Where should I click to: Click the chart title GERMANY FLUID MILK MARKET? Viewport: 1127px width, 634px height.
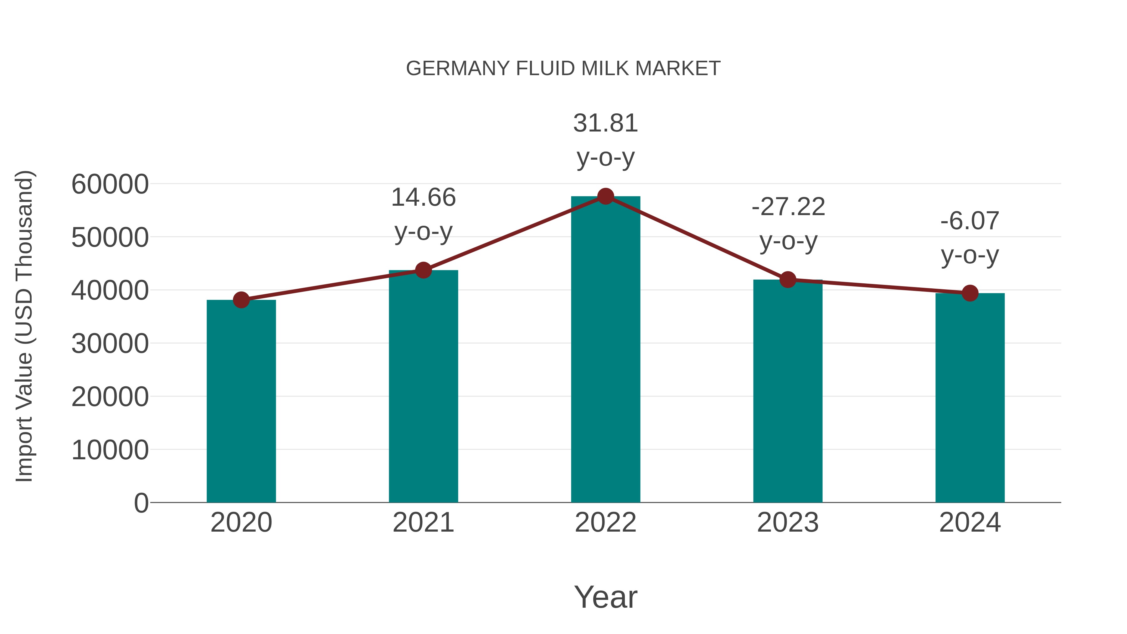coord(563,69)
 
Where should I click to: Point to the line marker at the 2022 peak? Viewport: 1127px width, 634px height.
coord(605,196)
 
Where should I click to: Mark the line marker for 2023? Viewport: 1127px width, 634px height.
coord(788,280)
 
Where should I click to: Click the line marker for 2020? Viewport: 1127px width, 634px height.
coord(241,300)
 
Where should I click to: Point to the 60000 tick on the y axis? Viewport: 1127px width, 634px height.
coord(110,184)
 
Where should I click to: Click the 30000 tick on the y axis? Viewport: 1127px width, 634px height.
coord(110,343)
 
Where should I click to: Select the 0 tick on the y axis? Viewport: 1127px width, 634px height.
coord(141,503)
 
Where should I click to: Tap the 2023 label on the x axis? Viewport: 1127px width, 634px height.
coord(788,523)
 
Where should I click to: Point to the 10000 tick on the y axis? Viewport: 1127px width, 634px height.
coord(110,450)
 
